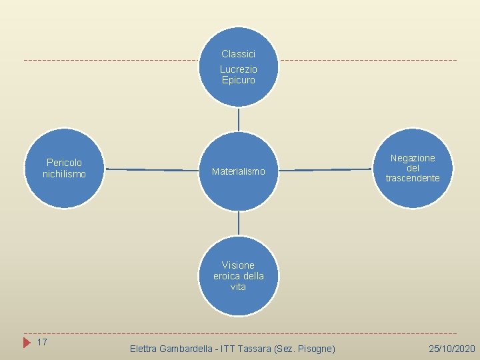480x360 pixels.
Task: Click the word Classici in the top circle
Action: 238,54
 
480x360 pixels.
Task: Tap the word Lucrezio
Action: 238,69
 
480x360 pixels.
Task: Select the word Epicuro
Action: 238,80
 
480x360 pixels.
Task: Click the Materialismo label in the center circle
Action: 238,172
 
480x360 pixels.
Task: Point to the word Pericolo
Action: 64,163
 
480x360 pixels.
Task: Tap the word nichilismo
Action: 64,174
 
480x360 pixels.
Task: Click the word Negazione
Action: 413,158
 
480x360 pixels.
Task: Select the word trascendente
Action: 413,178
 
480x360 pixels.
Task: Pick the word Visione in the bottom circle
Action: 238,265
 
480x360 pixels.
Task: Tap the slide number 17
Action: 41,342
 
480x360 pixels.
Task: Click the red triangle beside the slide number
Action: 27,343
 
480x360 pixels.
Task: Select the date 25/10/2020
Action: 452,349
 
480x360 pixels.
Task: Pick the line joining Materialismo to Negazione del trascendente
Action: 325,170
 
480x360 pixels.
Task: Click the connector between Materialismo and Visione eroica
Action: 238,223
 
